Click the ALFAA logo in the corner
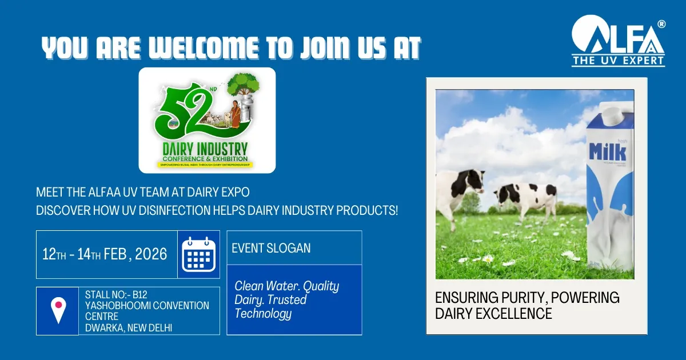pos(617,35)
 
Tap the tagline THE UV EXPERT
pos(618,60)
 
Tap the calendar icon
pos(198,254)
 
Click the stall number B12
pos(140,295)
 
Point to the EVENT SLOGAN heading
pos(271,248)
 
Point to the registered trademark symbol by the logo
pos(661,24)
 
